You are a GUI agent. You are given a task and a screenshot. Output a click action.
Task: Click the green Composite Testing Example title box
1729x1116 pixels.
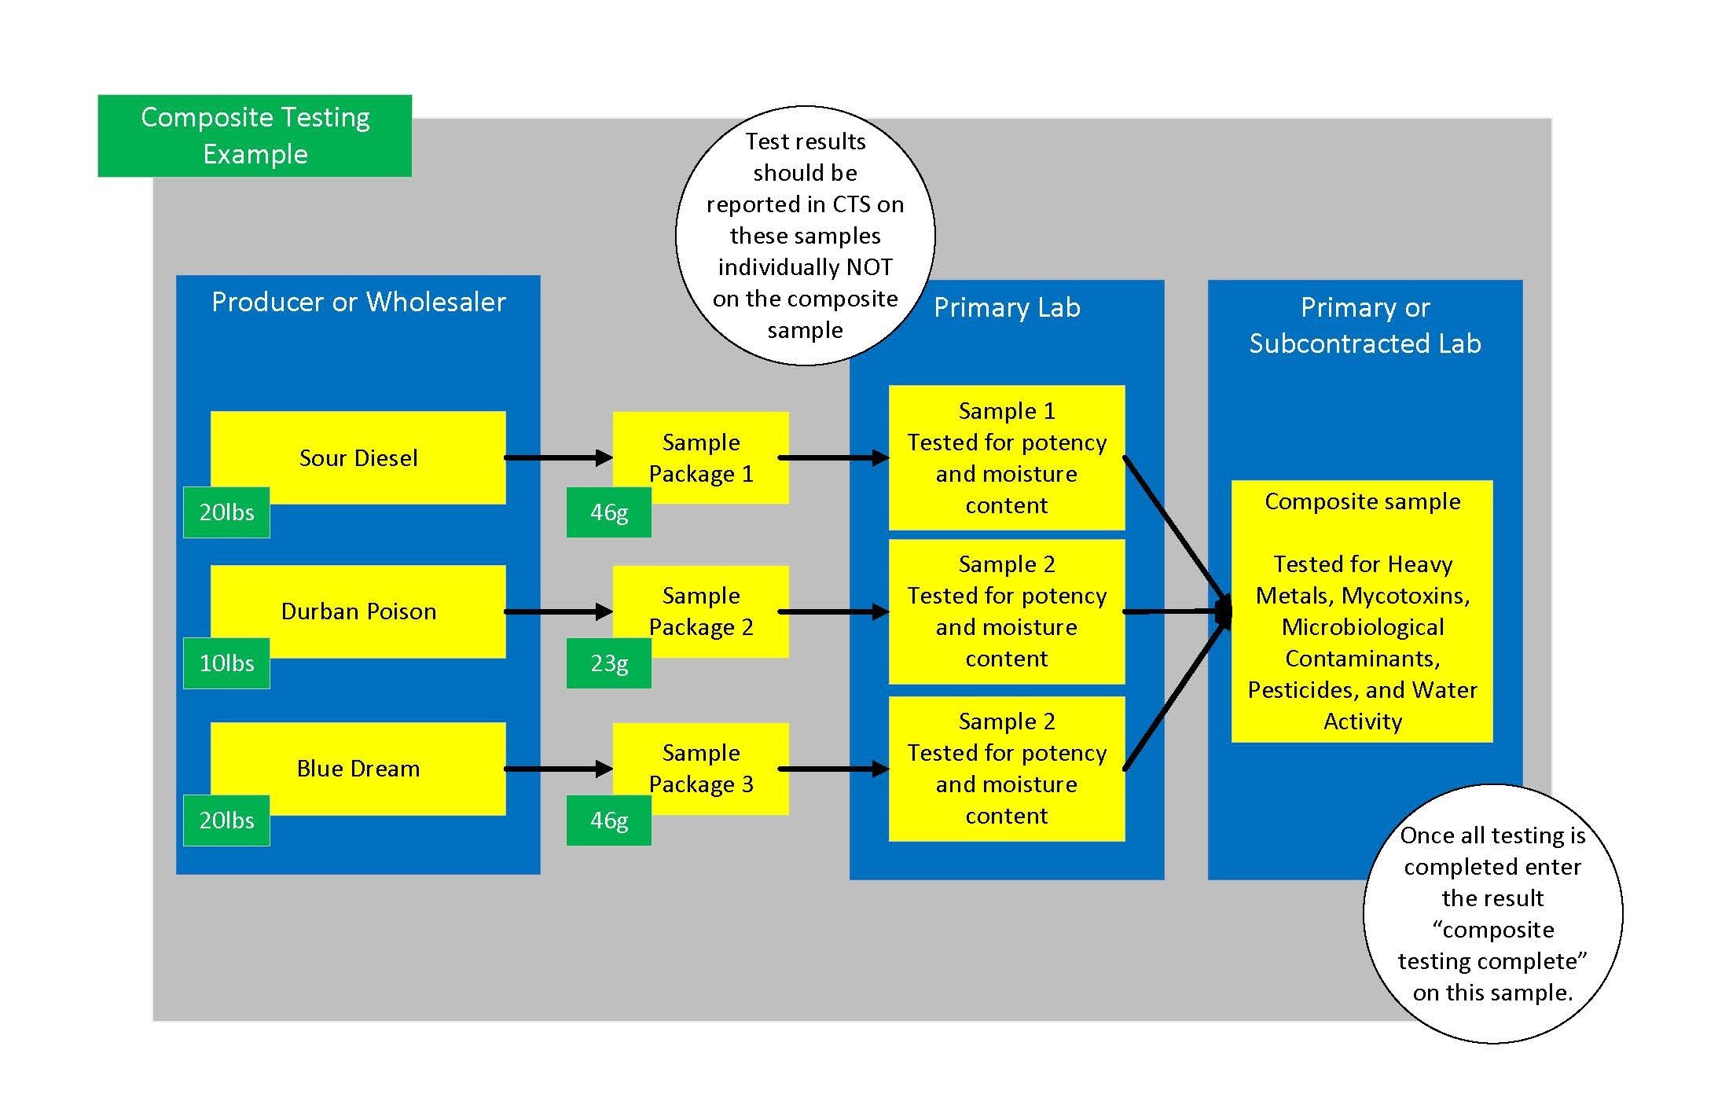(x=255, y=136)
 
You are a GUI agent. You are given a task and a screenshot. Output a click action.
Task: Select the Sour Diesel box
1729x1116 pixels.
(x=358, y=457)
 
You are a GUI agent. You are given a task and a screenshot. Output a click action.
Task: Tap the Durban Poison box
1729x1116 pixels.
(x=358, y=611)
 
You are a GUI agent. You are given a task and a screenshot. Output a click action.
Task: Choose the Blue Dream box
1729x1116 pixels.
(x=358, y=769)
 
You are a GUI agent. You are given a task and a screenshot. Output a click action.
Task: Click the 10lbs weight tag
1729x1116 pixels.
(x=226, y=663)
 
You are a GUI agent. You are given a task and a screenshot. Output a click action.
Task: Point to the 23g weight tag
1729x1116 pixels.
(x=609, y=663)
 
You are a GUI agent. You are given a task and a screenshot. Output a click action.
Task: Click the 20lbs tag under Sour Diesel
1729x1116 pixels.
(x=226, y=512)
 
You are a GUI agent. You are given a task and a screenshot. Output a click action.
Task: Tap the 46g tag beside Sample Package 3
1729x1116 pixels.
(x=609, y=820)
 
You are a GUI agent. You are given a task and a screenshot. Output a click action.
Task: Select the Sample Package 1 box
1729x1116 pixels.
(x=701, y=457)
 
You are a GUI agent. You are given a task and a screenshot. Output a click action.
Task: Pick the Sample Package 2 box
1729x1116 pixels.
(x=701, y=611)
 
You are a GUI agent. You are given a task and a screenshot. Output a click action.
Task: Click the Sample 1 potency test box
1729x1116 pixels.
(x=1007, y=457)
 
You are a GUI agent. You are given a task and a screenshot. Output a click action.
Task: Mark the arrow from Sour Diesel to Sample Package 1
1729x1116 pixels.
(x=559, y=457)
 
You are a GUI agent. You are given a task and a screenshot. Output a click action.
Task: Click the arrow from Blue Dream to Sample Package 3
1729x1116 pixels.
(x=559, y=769)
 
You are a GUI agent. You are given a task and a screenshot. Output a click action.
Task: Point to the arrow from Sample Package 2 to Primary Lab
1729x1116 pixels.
(x=834, y=611)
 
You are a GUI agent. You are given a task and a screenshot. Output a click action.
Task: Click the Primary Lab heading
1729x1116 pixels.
(x=1007, y=307)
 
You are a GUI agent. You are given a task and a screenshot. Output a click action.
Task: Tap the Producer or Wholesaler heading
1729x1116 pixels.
(x=358, y=302)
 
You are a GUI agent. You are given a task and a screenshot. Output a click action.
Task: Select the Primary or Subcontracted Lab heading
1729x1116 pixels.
(x=1365, y=325)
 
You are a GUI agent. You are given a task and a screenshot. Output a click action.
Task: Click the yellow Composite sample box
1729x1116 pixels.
(x=1362, y=611)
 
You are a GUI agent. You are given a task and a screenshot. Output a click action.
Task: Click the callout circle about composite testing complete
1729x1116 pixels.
(x=1492, y=914)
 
